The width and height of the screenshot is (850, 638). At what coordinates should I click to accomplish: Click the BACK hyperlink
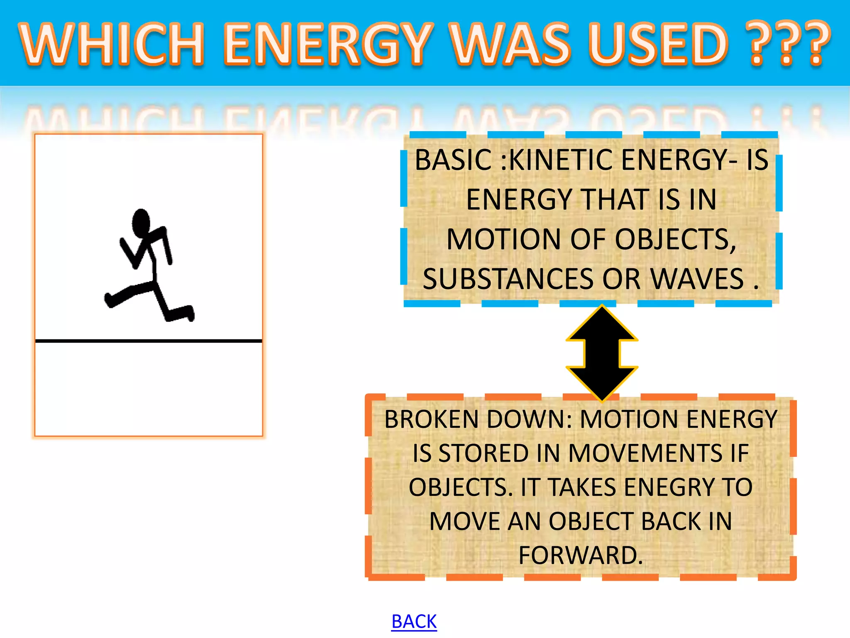click(414, 621)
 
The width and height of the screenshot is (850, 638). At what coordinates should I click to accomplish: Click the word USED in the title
click(658, 44)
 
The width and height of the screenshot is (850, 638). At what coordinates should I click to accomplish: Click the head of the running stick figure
click(141, 223)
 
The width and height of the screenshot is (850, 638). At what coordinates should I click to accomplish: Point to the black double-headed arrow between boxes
click(602, 353)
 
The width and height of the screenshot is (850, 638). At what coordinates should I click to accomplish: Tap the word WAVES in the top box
click(697, 279)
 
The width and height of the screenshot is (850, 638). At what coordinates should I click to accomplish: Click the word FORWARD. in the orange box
click(580, 555)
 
